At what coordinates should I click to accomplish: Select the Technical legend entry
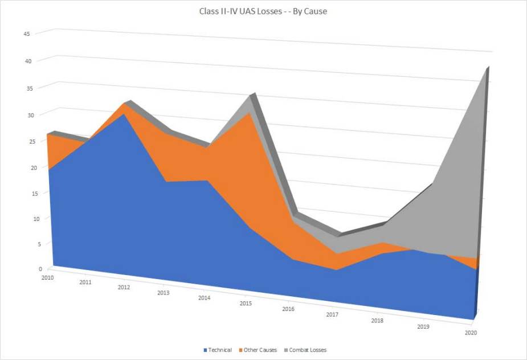click(220, 350)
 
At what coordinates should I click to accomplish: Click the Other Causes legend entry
click(260, 350)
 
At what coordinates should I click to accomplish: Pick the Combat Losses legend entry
click(308, 350)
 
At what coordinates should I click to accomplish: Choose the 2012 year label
click(124, 288)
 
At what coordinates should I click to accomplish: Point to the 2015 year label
click(246, 304)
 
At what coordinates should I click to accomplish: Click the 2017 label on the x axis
click(333, 315)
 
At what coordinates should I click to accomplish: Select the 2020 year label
click(471, 333)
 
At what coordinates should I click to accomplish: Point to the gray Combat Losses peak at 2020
click(486, 69)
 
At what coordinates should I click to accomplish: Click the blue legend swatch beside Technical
click(205, 350)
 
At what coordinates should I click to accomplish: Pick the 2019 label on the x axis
click(423, 326)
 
